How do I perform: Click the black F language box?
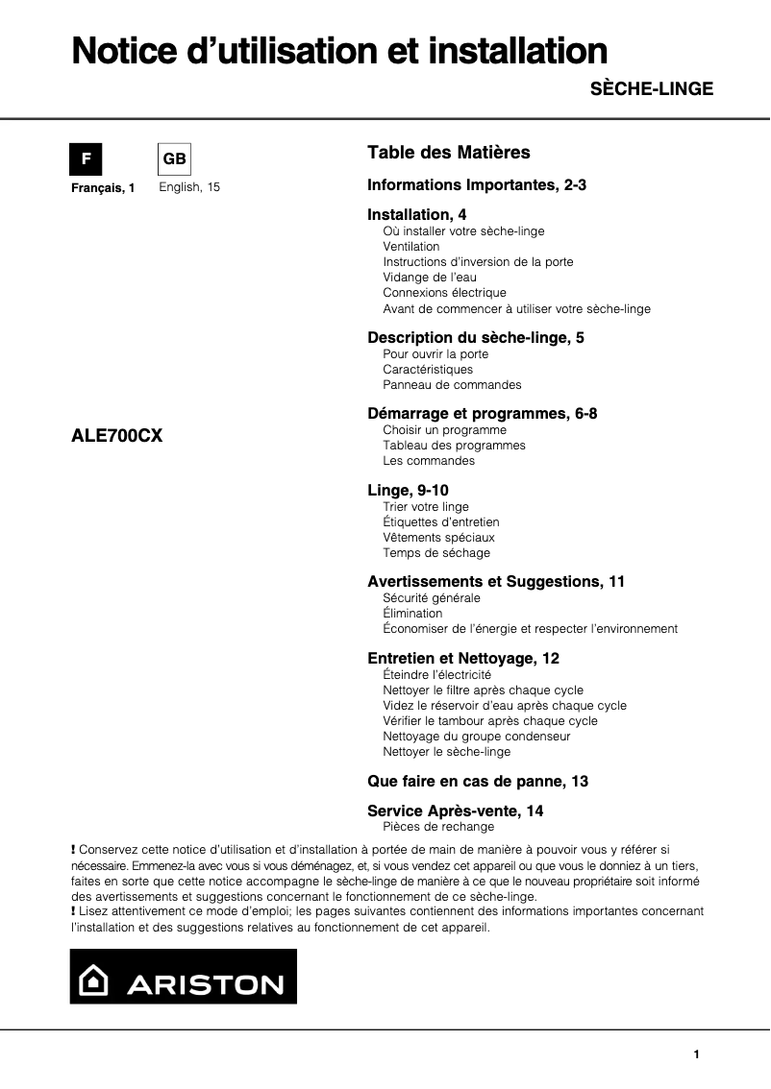click(86, 158)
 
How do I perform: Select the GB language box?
click(174, 158)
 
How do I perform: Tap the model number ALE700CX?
click(117, 435)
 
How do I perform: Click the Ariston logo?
click(184, 977)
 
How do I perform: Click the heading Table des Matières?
click(448, 153)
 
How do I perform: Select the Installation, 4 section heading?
click(417, 214)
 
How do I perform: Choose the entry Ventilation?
click(410, 247)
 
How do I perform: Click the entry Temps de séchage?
click(435, 553)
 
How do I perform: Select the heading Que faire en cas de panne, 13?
click(478, 782)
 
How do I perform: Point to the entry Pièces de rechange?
click(438, 827)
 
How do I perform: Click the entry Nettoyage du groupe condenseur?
click(476, 737)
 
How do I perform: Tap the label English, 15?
click(189, 187)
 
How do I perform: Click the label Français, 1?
click(104, 188)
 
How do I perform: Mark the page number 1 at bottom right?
click(696, 1054)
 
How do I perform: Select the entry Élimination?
click(412, 614)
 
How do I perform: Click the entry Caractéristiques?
click(428, 370)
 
